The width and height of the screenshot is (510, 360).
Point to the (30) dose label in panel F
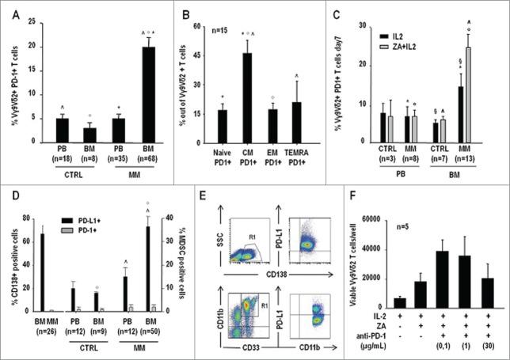[481, 344]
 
